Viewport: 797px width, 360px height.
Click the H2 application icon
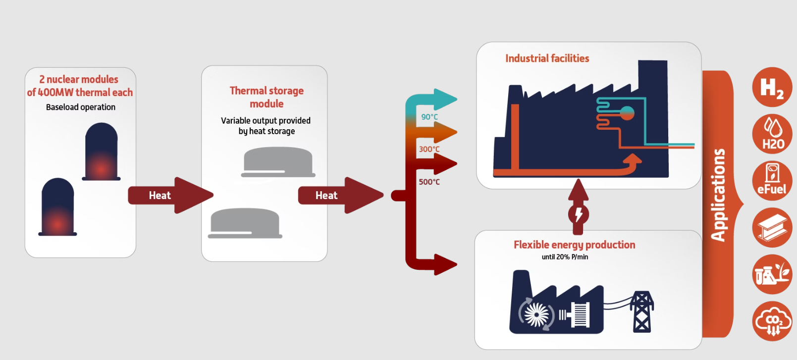[x=772, y=88]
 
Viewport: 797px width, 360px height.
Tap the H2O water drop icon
[x=772, y=133]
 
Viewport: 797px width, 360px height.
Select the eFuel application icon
[x=772, y=180]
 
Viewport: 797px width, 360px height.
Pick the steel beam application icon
[x=772, y=227]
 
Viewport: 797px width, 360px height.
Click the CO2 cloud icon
[x=772, y=321]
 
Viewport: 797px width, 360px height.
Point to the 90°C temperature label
[x=429, y=117]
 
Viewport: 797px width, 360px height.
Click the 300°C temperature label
[x=429, y=149]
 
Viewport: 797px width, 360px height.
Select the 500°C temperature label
[x=429, y=182]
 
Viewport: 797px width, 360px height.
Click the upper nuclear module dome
[x=102, y=152]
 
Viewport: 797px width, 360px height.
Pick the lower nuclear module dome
[x=58, y=207]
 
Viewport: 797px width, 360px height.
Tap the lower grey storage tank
[x=245, y=223]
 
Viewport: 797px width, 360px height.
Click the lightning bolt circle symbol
[x=578, y=214]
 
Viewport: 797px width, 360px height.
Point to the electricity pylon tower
[x=642, y=311]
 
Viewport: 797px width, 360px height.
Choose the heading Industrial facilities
[x=547, y=58]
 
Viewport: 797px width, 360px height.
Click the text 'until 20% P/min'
[x=565, y=257]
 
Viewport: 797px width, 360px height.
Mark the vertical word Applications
[x=718, y=195]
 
